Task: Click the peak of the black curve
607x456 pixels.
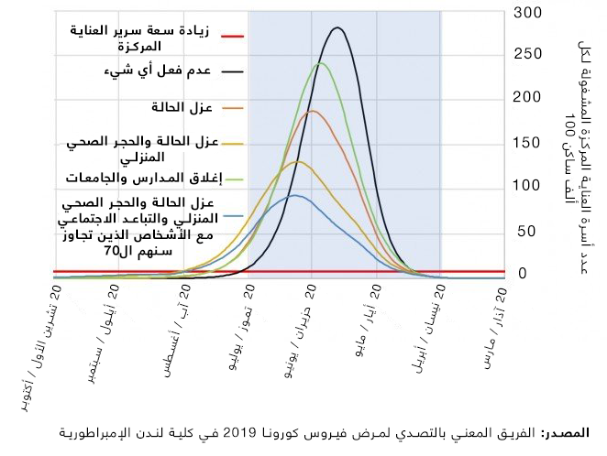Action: pos(338,27)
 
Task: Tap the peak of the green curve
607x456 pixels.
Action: pos(320,63)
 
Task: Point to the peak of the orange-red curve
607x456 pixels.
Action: pos(313,111)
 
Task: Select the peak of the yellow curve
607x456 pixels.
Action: pos(296,161)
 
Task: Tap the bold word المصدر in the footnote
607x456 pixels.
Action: pos(567,432)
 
